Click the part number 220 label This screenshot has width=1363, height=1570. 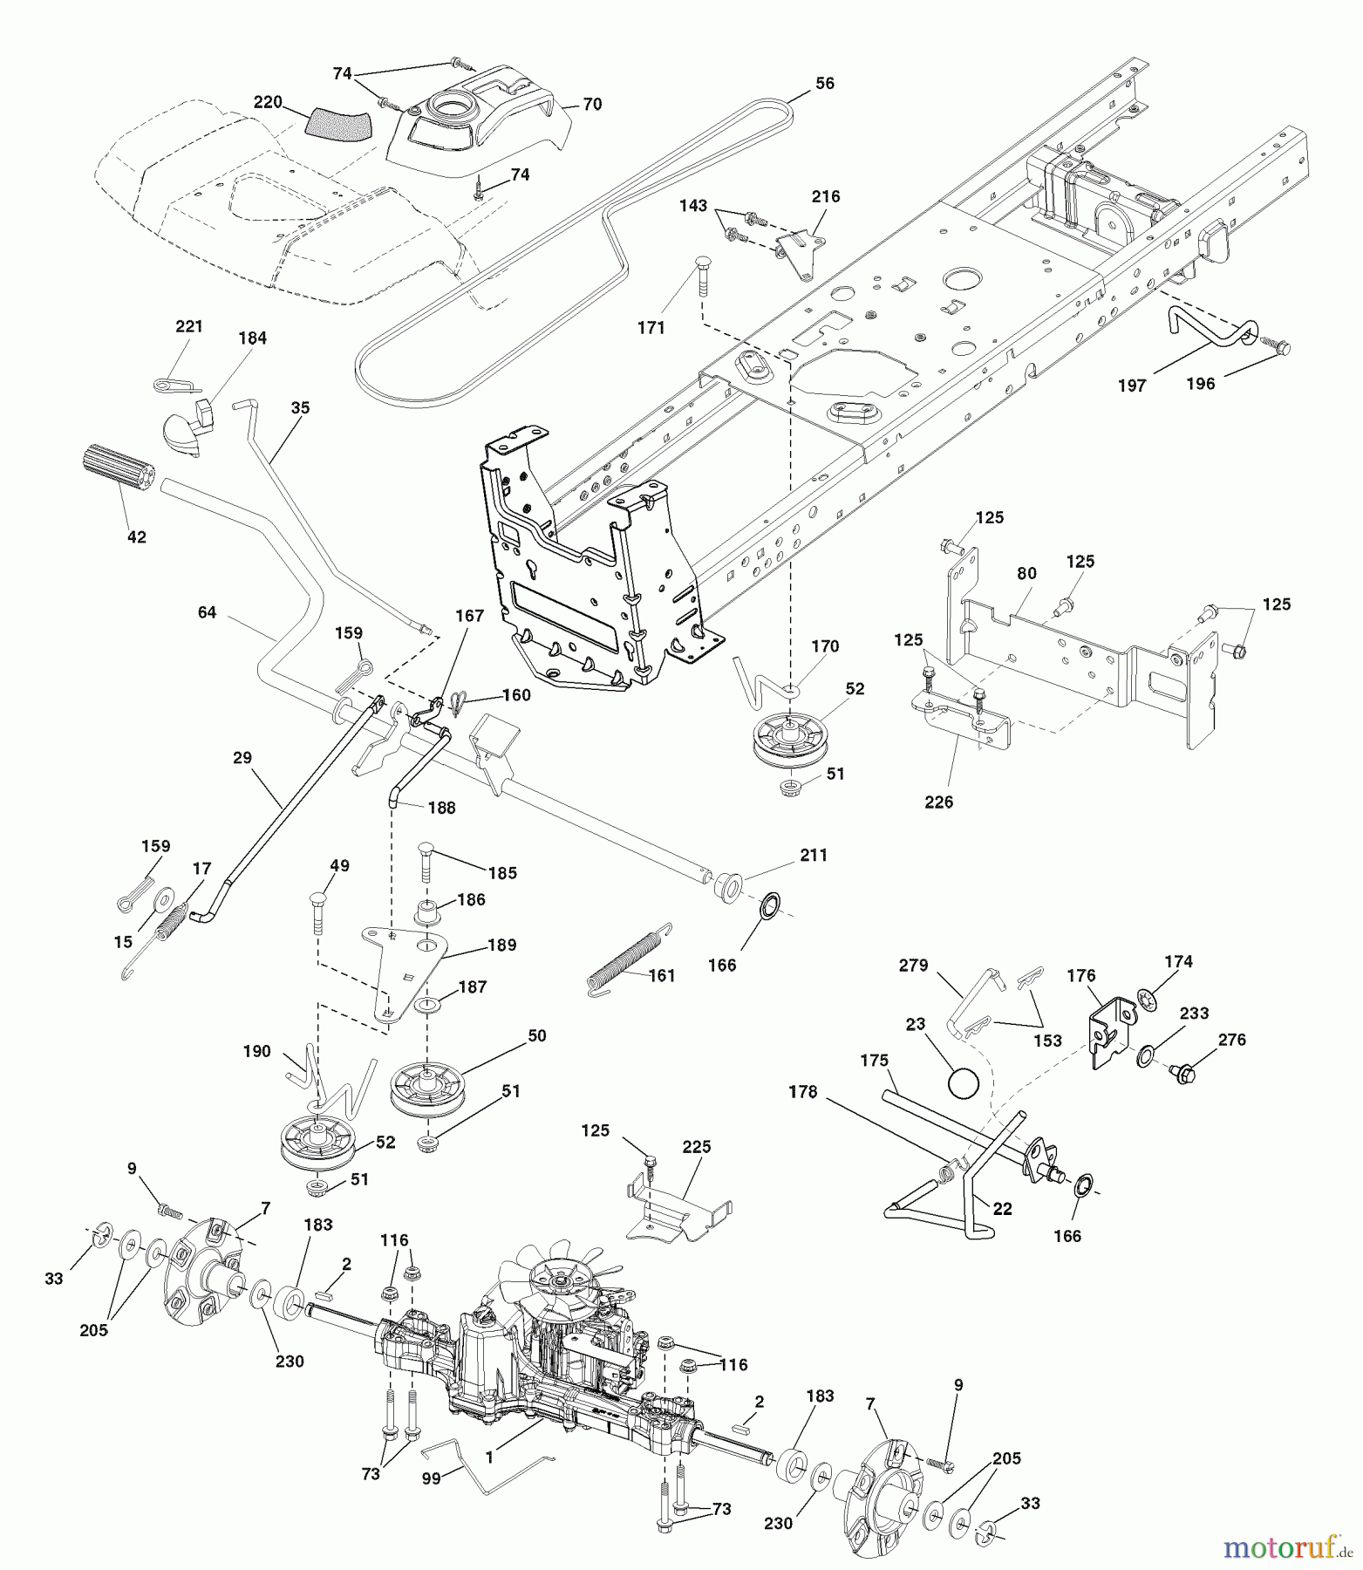tap(268, 102)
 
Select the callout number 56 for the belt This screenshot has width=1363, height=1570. tap(824, 84)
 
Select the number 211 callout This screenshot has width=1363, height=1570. tap(813, 856)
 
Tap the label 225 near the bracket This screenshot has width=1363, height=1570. tap(697, 1147)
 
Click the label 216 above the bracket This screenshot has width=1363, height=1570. tap(825, 196)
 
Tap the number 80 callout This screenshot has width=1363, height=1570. tap(1026, 573)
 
